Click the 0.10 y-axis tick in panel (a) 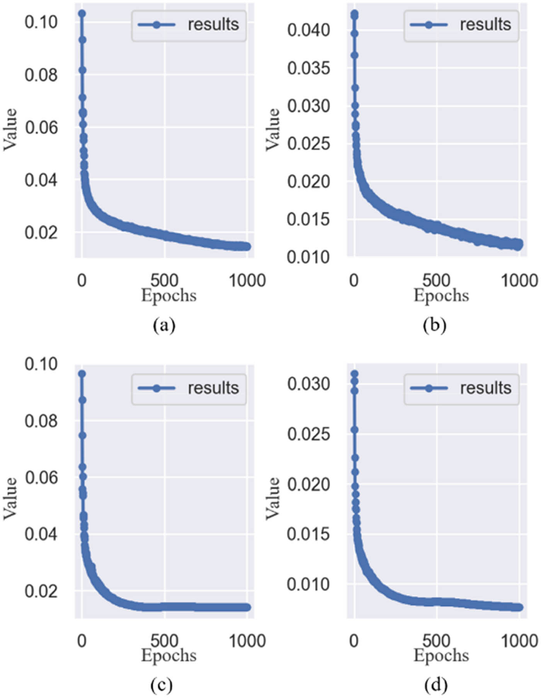pos(41,22)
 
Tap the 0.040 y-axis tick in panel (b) pos(308,30)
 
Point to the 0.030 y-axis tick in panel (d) pos(308,384)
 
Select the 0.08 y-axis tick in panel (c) pos(41,421)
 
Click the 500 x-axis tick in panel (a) pos(164,280)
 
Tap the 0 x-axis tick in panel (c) pos(82,641)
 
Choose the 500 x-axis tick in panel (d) pos(436,641)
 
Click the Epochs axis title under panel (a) pos(169,296)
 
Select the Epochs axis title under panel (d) pos(441,656)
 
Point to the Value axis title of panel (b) pos(272,129)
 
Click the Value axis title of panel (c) pos(10,498)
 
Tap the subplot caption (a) pos(164,325)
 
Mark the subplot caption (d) pos(436,685)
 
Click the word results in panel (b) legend pos(485,25)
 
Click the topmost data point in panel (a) pos(82,14)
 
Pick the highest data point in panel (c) pos(82,374)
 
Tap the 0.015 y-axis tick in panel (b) pos(308,220)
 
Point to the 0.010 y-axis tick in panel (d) pos(308,584)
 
